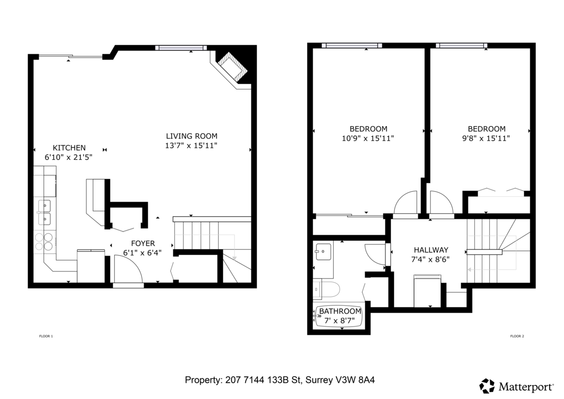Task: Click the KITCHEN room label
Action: (x=69, y=147)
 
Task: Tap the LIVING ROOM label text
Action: (x=191, y=136)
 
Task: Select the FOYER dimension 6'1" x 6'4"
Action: (x=142, y=253)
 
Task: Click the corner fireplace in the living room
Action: (x=232, y=67)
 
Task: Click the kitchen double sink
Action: (x=45, y=212)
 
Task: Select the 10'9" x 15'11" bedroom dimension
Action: (x=368, y=138)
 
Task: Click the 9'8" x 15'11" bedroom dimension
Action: (x=486, y=138)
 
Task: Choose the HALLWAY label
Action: (x=431, y=250)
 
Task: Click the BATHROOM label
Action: (x=340, y=311)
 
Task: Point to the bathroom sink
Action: (x=323, y=252)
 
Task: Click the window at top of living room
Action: (x=181, y=48)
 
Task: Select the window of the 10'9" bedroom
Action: (x=352, y=46)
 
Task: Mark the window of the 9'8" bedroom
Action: (x=461, y=46)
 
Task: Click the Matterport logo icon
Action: (x=487, y=386)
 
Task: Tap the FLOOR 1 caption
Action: (x=46, y=336)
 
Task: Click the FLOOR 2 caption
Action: (x=517, y=336)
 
